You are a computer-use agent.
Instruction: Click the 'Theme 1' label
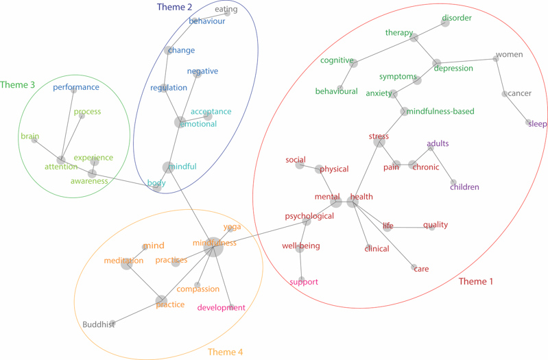[475, 281]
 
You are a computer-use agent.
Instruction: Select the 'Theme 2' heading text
[174, 7]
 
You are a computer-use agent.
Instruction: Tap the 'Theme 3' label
[18, 85]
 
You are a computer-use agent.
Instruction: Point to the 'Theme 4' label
[225, 352]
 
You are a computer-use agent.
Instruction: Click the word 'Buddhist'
[98, 324]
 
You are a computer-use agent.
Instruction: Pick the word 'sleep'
[538, 124]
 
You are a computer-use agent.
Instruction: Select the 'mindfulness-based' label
[440, 111]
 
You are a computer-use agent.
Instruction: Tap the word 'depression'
[453, 69]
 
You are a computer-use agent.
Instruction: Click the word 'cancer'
[519, 93]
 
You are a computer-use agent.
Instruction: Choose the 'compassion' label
[198, 289]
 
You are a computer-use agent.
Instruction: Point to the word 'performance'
[76, 87]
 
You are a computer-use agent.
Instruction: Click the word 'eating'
[226, 10]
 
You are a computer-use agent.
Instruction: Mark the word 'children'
[464, 187]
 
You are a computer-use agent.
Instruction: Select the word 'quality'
[435, 225]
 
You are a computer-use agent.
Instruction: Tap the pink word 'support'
[303, 282]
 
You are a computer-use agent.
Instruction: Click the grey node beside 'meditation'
[127, 263]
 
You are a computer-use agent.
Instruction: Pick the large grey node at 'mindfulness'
[214, 248]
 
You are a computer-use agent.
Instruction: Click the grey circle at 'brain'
[34, 140]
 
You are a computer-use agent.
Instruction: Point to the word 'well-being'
[300, 245]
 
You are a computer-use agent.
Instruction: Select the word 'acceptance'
[211, 112]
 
